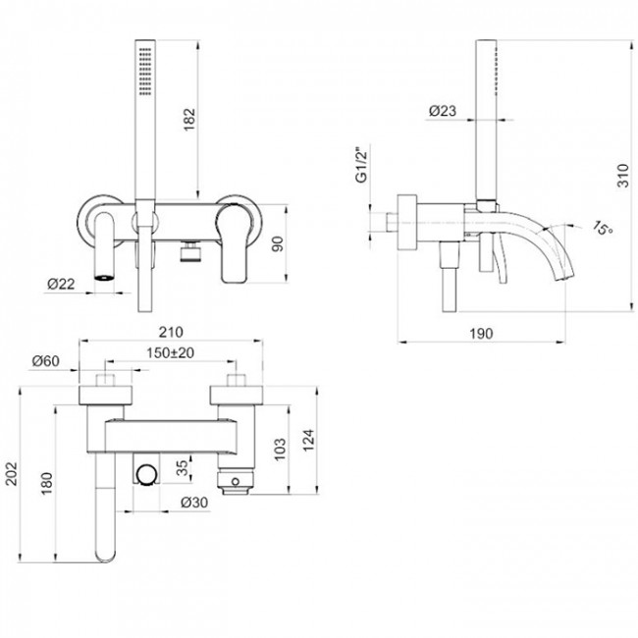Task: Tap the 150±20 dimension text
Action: [x=170, y=352]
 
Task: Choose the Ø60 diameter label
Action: [x=45, y=361]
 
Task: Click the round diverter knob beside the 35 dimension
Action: [x=147, y=476]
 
